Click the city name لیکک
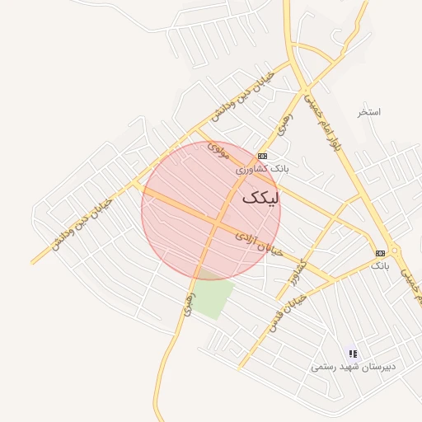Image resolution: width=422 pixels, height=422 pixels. (263, 199)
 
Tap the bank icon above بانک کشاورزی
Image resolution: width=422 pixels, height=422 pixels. (262, 156)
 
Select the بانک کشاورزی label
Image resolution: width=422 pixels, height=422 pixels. (263, 168)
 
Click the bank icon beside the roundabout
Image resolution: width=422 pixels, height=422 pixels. (380, 253)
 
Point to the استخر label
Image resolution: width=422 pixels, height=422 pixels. (369, 111)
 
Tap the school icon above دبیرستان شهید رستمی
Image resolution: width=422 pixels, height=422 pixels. (353, 354)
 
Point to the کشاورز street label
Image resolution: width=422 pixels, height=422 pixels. (298, 272)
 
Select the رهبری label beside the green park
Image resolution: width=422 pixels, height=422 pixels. (189, 302)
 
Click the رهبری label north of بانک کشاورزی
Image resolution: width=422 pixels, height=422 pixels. (285, 126)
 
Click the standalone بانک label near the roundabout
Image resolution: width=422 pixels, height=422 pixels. (379, 265)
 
